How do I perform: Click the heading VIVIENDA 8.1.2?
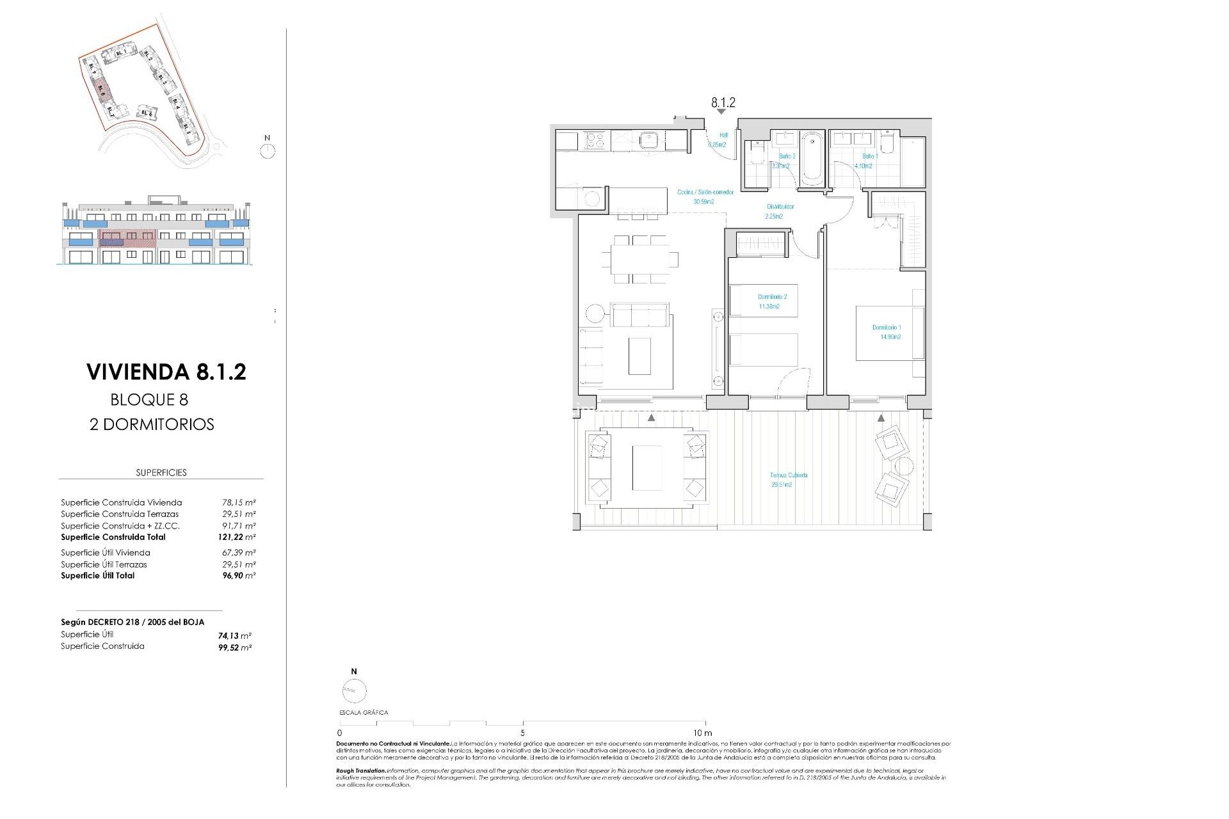[166, 372]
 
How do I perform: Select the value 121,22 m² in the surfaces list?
[236, 537]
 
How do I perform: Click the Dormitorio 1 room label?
[886, 332]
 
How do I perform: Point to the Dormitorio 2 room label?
[772, 301]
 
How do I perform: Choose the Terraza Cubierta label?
[788, 480]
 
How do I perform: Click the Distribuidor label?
[780, 211]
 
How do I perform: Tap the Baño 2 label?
[786, 161]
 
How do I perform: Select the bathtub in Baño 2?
[812, 157]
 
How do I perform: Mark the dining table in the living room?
[638, 259]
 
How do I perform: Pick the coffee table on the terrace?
[647, 468]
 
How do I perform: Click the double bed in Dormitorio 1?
[890, 333]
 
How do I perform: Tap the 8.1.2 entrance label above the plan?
[723, 102]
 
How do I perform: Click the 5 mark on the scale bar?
[523, 733]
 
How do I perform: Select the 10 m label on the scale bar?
[702, 733]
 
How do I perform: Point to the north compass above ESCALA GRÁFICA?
[354, 690]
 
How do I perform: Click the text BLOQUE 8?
[149, 400]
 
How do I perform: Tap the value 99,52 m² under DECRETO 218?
[234, 648]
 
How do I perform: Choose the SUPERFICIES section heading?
[161, 473]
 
